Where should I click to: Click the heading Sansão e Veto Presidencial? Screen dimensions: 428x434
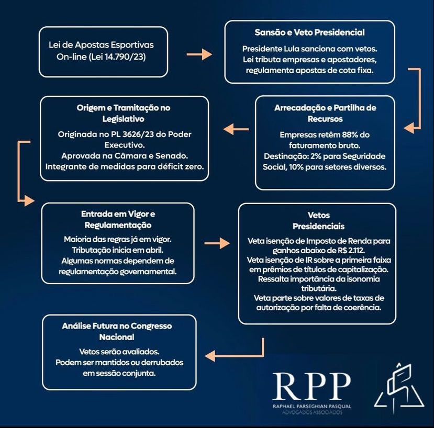tap(309, 32)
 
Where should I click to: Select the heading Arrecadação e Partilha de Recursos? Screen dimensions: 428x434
tap(325, 113)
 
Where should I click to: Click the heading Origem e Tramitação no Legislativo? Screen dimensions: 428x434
tap(124, 113)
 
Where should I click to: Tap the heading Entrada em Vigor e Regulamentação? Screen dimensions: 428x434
tap(118, 219)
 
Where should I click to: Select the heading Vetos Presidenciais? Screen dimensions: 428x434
tap(319, 221)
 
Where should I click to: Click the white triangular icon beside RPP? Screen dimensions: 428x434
tap(398, 387)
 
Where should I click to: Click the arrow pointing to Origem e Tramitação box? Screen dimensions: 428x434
tap(233, 128)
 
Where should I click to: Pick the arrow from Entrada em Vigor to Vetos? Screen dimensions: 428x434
tap(217, 243)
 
